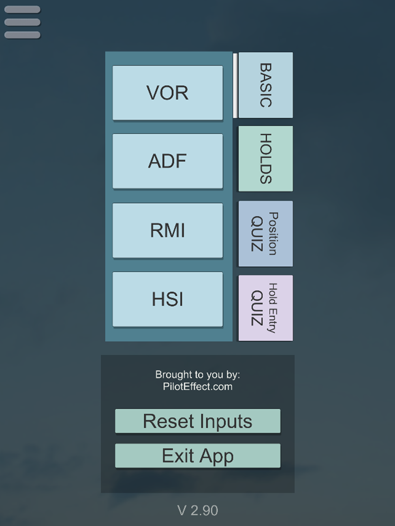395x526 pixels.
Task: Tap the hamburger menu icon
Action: (23, 22)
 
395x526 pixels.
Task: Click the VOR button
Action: (168, 93)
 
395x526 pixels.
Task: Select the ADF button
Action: (168, 161)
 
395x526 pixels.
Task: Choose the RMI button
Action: (168, 231)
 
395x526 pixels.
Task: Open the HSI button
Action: (168, 299)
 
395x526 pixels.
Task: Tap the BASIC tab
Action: (266, 85)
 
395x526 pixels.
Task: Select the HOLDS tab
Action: (266, 159)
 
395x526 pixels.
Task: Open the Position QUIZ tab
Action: (266, 234)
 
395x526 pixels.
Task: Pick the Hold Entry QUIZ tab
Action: (266, 308)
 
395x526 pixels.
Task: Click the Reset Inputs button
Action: (198, 421)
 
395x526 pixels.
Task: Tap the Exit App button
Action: (198, 455)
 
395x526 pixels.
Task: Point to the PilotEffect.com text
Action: (198, 386)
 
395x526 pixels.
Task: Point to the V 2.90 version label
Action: (198, 510)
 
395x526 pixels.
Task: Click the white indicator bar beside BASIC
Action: (235, 86)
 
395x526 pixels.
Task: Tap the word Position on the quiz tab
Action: (273, 234)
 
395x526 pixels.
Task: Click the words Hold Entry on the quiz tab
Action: (273, 308)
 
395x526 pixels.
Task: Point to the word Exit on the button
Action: (178, 455)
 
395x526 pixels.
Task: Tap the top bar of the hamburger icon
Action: (23, 9)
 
